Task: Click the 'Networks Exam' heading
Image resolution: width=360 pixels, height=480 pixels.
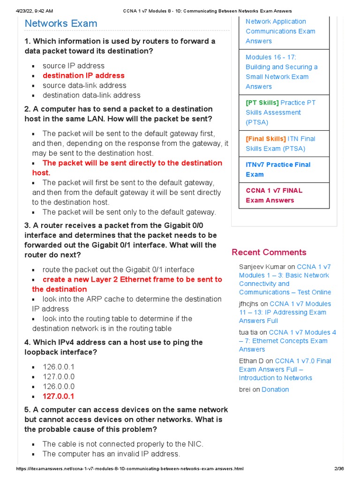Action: (x=61, y=23)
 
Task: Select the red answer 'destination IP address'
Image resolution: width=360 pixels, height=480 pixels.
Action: (x=83, y=75)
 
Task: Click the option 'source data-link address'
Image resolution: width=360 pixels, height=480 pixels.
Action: (x=84, y=85)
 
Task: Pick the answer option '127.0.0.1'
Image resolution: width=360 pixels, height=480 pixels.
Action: (x=59, y=397)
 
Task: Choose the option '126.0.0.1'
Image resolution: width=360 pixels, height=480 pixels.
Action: (x=59, y=367)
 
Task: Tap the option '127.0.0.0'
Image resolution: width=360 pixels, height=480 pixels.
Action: (x=59, y=377)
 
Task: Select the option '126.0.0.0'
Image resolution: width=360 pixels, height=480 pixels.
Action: (x=59, y=387)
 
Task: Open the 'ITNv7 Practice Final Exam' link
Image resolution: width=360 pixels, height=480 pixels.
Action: (x=278, y=169)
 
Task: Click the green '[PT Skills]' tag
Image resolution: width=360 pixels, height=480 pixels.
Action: (x=262, y=103)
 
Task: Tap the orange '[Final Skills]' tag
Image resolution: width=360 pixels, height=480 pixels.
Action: (x=265, y=139)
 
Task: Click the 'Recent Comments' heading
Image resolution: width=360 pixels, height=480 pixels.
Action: (x=269, y=252)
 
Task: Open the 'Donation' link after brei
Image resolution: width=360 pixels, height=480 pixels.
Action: (x=275, y=390)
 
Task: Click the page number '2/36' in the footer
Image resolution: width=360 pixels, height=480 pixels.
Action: (x=338, y=469)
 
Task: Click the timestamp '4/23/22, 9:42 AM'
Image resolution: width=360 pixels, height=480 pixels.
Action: (x=35, y=11)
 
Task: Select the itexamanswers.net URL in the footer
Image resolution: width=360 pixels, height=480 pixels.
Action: (x=130, y=469)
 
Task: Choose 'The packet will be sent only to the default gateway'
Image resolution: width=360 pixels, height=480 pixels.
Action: (x=129, y=212)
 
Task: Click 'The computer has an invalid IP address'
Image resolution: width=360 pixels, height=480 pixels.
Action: (x=111, y=454)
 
